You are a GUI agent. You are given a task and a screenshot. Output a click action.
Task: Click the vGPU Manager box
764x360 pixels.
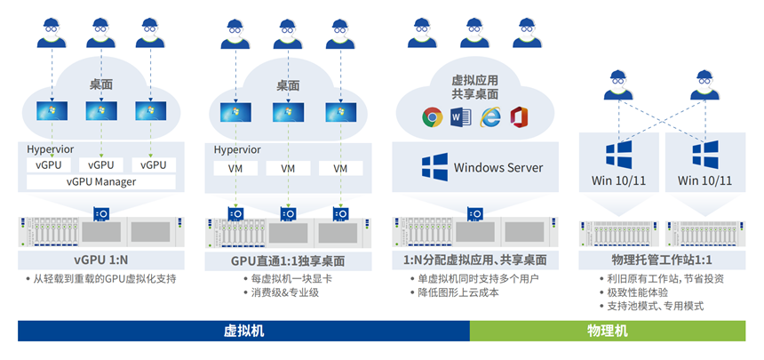[x=100, y=181]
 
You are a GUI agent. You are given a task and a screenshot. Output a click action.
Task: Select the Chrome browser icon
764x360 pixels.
[x=433, y=116]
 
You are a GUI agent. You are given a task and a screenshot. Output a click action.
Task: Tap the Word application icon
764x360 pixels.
[x=460, y=116]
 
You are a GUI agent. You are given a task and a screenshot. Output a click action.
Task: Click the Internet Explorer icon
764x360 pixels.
[x=490, y=116]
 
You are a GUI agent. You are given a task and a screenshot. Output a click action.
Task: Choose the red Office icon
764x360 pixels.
[x=520, y=116]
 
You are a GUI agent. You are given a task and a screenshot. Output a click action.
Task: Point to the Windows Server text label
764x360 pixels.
[x=498, y=167]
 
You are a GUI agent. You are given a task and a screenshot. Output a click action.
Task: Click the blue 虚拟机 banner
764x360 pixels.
[x=243, y=331]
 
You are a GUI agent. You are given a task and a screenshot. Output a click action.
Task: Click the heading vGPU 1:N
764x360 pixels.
[x=101, y=261]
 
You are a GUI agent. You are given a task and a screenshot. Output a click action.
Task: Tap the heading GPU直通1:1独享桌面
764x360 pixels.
[x=288, y=261]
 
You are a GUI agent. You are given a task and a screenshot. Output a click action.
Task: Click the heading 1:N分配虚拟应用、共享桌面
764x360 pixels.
[x=476, y=261]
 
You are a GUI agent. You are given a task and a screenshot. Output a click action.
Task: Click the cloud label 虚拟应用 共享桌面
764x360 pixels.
[x=475, y=87]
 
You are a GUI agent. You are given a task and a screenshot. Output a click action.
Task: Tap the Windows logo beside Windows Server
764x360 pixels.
[x=434, y=167]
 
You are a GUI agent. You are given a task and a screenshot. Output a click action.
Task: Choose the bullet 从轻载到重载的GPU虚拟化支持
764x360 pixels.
[x=105, y=279]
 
